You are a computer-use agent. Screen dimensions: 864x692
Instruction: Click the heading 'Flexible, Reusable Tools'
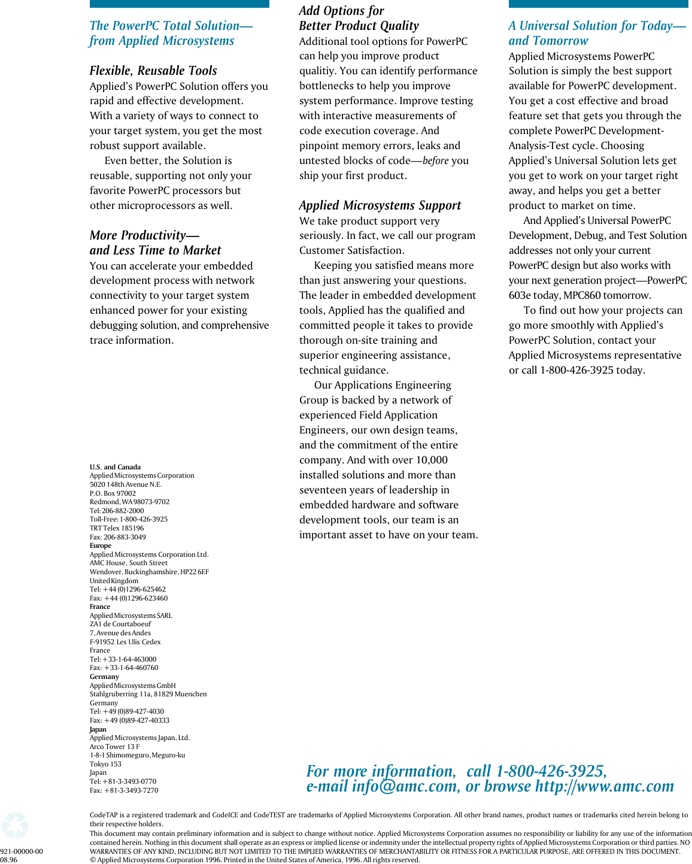(153, 71)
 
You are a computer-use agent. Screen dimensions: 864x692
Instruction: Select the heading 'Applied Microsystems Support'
(380, 205)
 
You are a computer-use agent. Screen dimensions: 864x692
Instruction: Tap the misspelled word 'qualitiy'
(318, 71)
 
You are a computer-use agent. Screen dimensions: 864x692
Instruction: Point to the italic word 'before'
(435, 161)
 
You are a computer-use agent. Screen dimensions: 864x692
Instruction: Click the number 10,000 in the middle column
(430, 460)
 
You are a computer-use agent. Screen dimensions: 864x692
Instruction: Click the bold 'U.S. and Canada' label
(115, 467)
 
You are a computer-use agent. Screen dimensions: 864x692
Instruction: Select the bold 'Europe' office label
(101, 545)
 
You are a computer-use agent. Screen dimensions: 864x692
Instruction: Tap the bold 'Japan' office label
(98, 729)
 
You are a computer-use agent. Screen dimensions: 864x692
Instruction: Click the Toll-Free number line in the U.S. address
(129, 519)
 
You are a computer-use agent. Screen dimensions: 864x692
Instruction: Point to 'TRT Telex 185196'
(117, 528)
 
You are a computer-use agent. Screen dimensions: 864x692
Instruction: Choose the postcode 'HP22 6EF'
(195, 572)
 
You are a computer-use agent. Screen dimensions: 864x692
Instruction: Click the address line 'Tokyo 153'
(105, 764)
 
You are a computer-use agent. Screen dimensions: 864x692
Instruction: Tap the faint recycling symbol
(15, 826)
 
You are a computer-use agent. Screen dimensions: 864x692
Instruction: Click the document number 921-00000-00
(22, 851)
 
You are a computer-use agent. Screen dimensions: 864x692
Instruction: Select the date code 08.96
(9, 860)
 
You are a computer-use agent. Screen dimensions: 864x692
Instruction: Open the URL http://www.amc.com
(605, 787)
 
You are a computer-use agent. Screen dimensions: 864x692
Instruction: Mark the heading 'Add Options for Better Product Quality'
(359, 19)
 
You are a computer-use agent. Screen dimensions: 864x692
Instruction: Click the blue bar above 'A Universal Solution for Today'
(598, 4)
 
